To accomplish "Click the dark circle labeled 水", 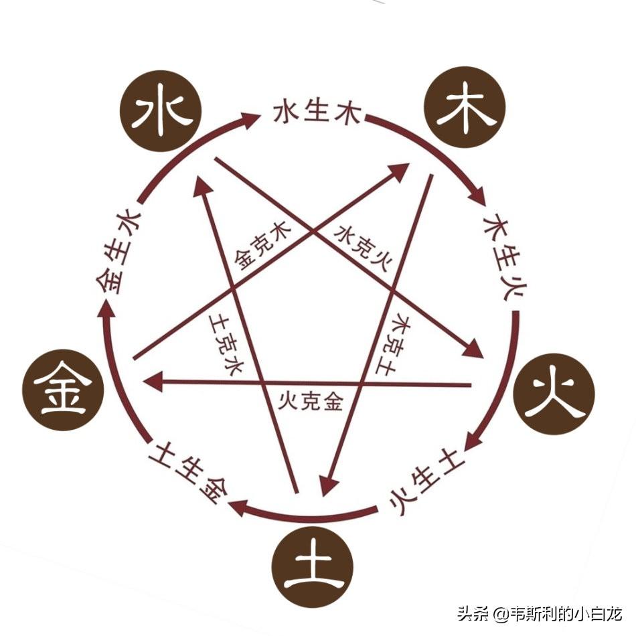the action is coord(161,111).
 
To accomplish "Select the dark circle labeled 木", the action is coord(465,107).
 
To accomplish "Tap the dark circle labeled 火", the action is coord(554,394).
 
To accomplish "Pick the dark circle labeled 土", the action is coord(313,567).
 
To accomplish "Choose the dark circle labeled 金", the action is coord(63,390).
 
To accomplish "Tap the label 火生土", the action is coord(426,481).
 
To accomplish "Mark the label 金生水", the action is coord(118,251).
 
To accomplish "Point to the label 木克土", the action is coord(392,343).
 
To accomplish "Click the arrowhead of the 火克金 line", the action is coord(153,382).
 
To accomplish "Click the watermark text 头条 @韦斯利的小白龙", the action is coord(540,614).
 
